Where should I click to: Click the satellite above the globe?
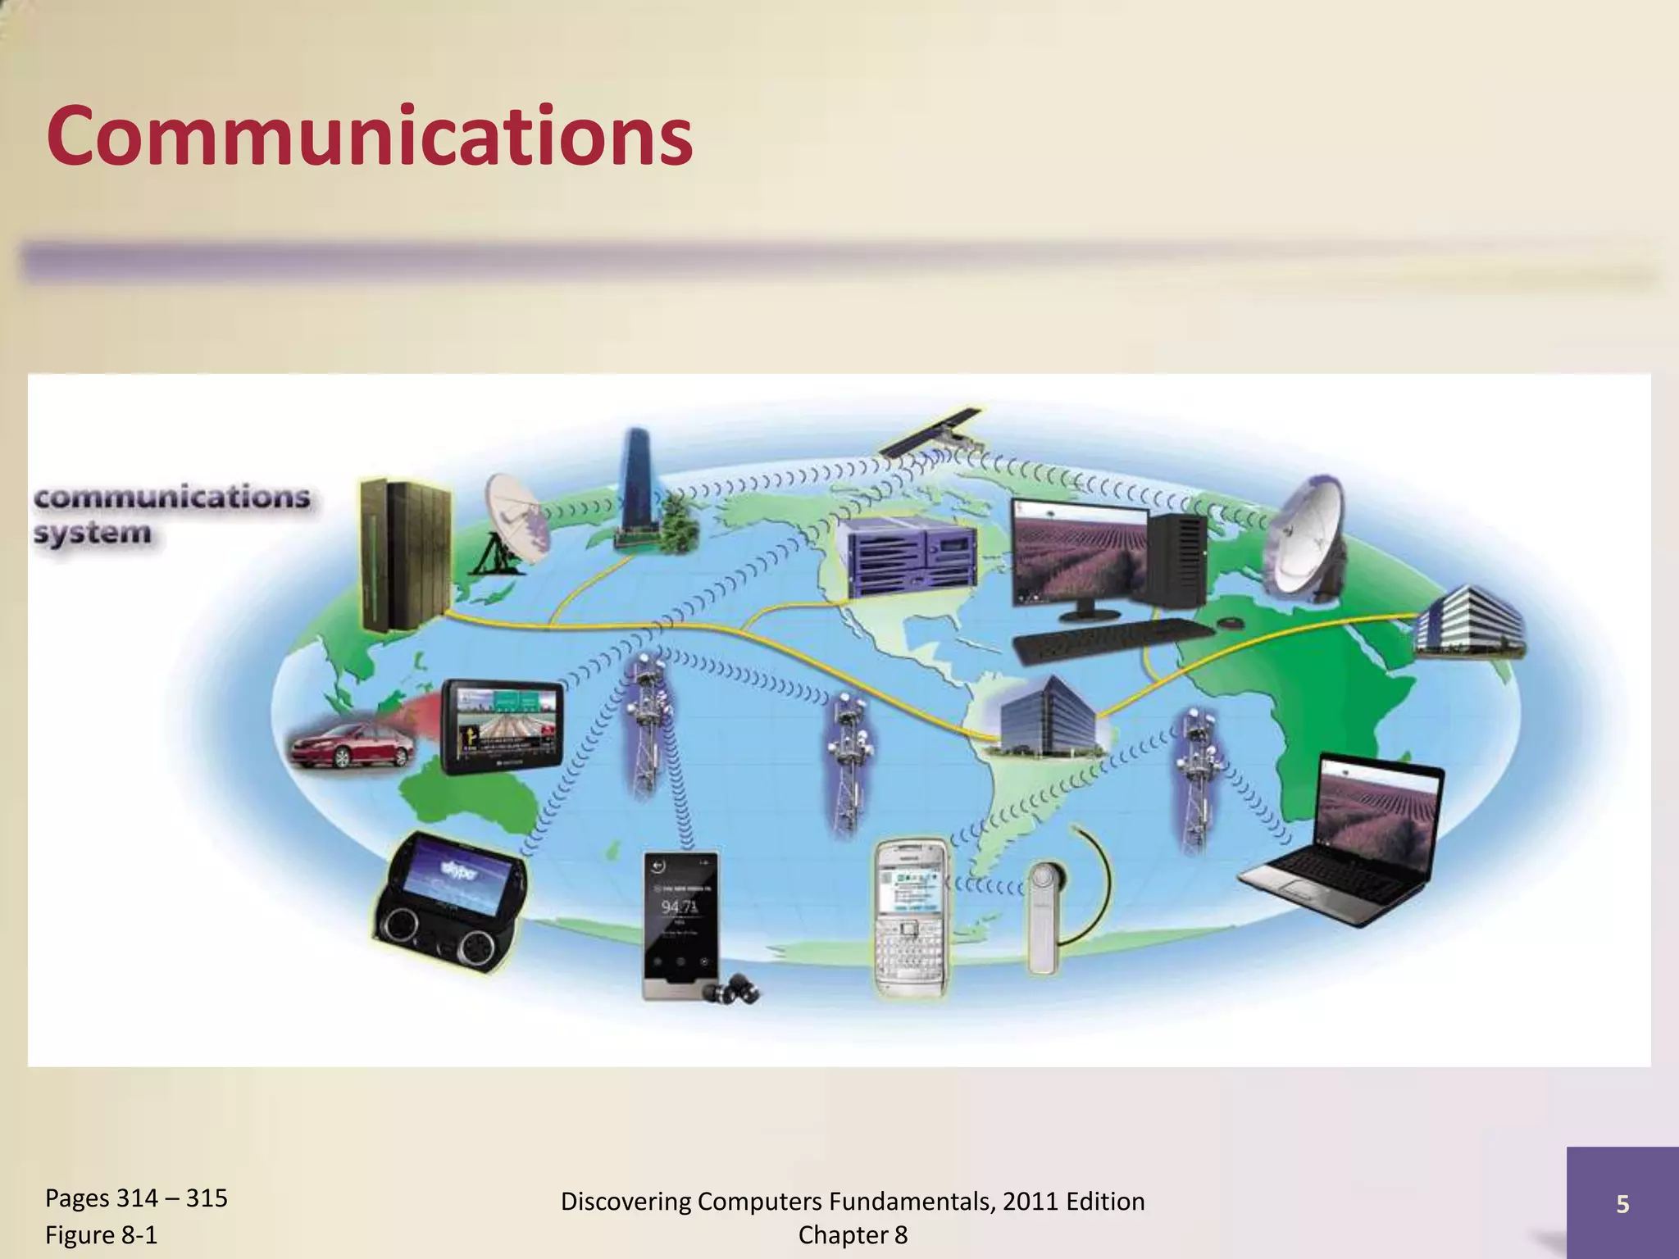[935, 433]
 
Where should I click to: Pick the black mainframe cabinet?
[404, 555]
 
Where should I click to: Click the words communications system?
[171, 514]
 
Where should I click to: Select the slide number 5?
[1622, 1203]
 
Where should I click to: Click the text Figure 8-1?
[102, 1234]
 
